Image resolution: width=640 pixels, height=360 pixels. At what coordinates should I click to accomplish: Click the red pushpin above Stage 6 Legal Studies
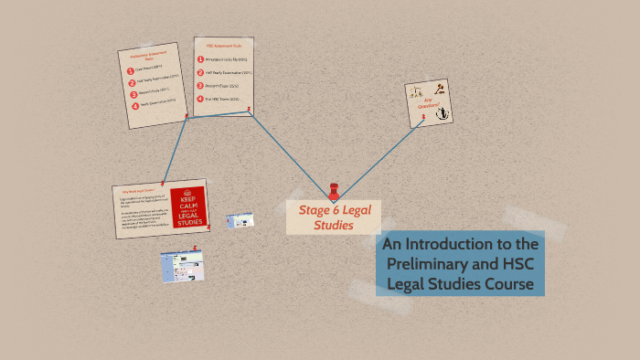tap(334, 192)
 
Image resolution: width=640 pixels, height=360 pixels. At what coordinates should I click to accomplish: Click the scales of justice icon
tap(419, 94)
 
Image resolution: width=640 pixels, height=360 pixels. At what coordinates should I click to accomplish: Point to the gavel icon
tap(437, 91)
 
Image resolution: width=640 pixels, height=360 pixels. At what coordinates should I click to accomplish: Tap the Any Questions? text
tap(427, 104)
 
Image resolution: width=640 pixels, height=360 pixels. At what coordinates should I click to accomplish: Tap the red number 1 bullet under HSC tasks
tap(201, 59)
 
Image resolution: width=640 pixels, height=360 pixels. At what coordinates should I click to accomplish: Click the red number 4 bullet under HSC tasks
tap(201, 98)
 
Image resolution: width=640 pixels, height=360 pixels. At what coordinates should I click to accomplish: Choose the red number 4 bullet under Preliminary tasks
tap(135, 105)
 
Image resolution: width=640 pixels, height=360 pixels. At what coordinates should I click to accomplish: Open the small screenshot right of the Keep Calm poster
tap(240, 221)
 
